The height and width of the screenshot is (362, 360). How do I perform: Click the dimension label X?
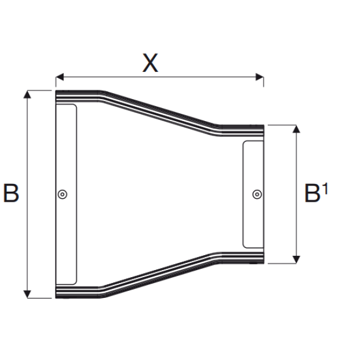(151, 62)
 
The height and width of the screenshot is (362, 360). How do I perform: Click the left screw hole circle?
(63, 194)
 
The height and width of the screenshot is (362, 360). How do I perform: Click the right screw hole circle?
(256, 193)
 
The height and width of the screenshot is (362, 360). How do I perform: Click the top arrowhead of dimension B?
(27, 94)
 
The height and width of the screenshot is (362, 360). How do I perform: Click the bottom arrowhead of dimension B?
(27, 294)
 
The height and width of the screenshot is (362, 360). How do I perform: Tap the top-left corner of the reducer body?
(56, 91)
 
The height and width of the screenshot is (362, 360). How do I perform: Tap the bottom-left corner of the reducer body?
(56, 298)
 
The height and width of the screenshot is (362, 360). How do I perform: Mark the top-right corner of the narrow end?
(263, 125)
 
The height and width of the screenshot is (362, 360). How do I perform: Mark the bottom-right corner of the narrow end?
(263, 263)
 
